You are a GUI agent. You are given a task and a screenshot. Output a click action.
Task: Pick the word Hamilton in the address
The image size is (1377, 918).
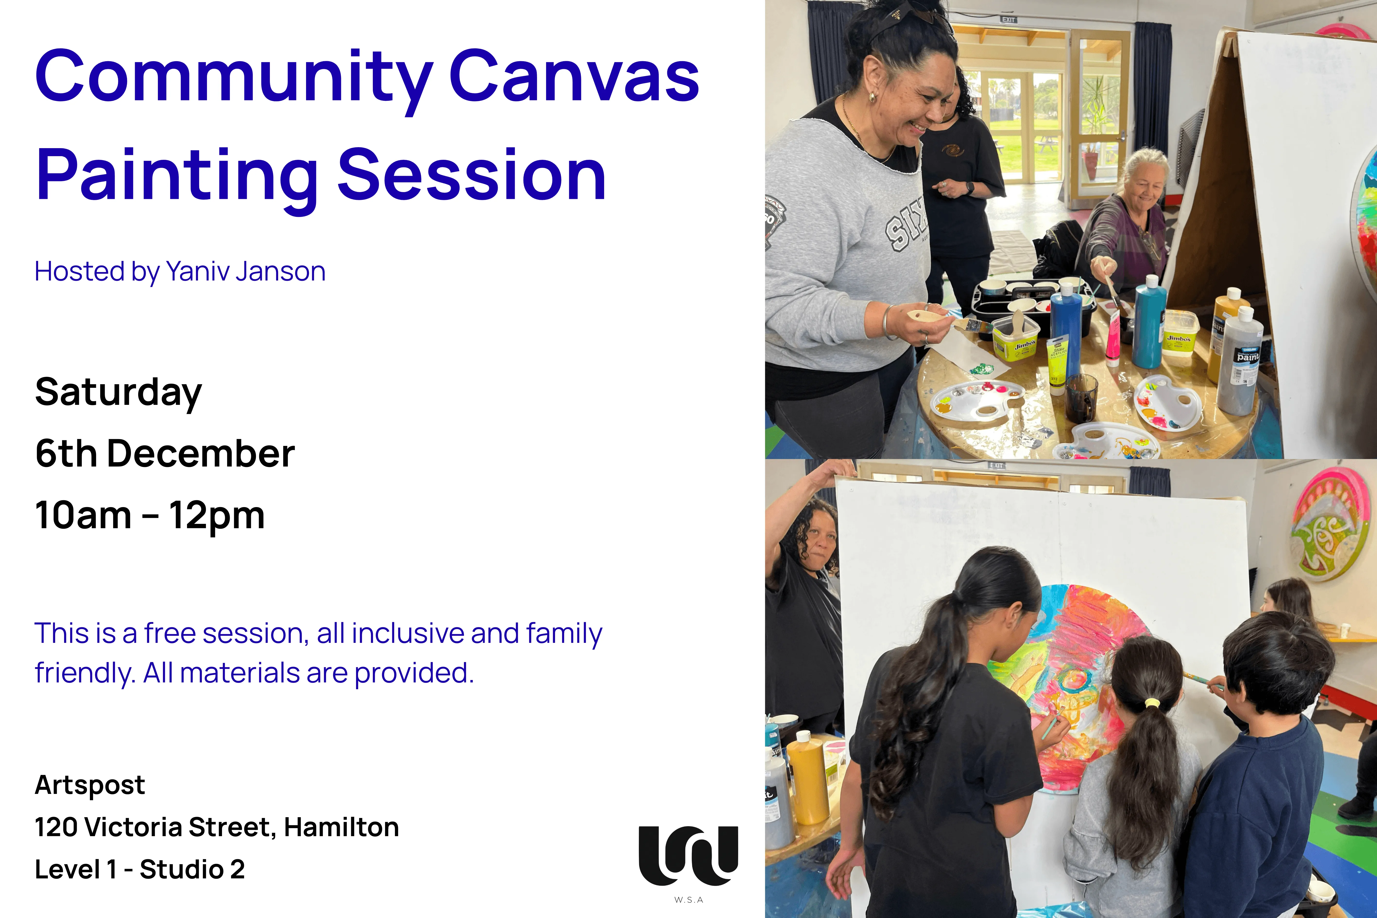tap(341, 827)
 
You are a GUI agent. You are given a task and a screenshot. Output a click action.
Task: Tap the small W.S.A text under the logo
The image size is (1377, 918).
tap(688, 900)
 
